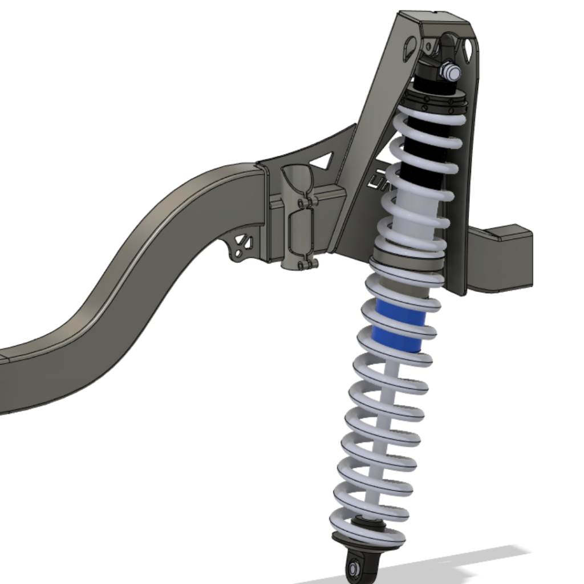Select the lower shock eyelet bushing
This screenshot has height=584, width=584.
[354, 566]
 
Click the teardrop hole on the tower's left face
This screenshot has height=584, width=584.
[410, 49]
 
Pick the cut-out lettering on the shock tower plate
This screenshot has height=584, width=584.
[378, 181]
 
